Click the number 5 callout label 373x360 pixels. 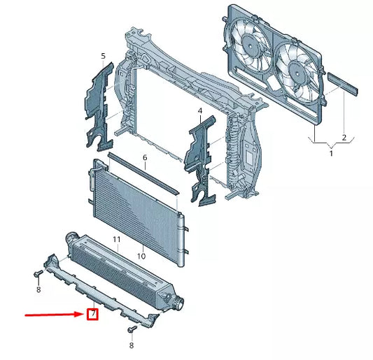[x=104, y=55]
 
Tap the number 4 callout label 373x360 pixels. [x=199, y=111]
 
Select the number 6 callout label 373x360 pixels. [x=145, y=158]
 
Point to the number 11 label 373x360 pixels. [x=118, y=240]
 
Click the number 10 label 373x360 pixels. [x=141, y=257]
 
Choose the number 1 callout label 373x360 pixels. [x=332, y=153]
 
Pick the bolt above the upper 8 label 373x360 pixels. [x=37, y=273]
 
